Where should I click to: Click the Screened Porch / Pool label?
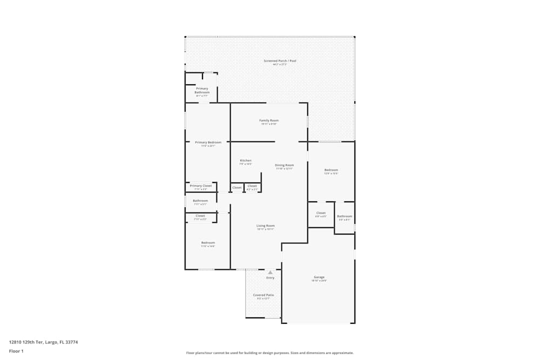280,61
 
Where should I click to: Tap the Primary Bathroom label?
202,91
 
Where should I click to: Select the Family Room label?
269,120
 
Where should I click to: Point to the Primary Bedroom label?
208,142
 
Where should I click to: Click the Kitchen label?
246,160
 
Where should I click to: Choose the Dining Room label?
284,165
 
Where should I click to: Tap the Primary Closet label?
200,186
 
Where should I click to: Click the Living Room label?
266,226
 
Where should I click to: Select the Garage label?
319,277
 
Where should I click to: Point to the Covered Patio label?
264,295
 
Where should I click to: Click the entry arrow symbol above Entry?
270,273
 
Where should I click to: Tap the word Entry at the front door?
270,278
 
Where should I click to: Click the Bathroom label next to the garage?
345,216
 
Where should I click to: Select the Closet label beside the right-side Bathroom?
321,213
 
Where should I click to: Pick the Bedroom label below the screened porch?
331,170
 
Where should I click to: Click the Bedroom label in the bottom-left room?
208,243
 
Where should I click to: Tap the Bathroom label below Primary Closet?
200,201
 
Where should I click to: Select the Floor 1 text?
16,351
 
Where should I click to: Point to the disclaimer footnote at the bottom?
270,353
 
